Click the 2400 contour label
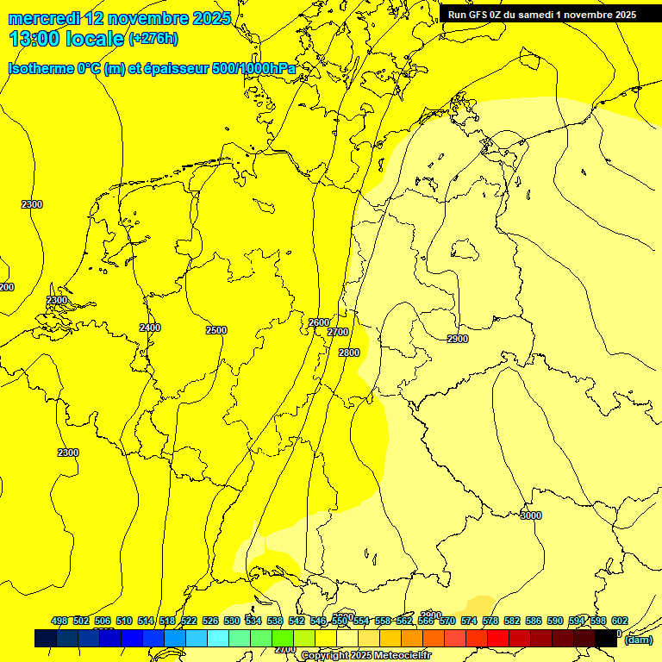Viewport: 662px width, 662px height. coord(150,328)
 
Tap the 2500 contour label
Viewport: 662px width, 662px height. coord(216,330)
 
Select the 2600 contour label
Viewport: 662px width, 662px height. coord(318,322)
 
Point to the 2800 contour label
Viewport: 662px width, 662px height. coord(349,353)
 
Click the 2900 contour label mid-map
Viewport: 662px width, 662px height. coord(458,339)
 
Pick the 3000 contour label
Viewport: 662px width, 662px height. coord(531,515)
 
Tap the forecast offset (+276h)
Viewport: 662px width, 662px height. coord(153,39)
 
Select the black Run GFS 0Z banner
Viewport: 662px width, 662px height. coord(542,15)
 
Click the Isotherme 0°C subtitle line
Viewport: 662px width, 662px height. coord(152,68)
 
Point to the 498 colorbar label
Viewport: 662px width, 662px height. coord(59,621)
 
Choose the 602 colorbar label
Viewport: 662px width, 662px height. coord(620,621)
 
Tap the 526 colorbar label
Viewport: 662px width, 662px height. coord(210,621)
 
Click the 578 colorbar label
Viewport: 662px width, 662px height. coord(490,621)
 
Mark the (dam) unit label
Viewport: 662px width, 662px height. coord(639,639)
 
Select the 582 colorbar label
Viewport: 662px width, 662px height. coord(512,621)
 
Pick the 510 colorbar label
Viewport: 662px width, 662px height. coord(124,621)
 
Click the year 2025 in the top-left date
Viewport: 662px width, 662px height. coord(210,18)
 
